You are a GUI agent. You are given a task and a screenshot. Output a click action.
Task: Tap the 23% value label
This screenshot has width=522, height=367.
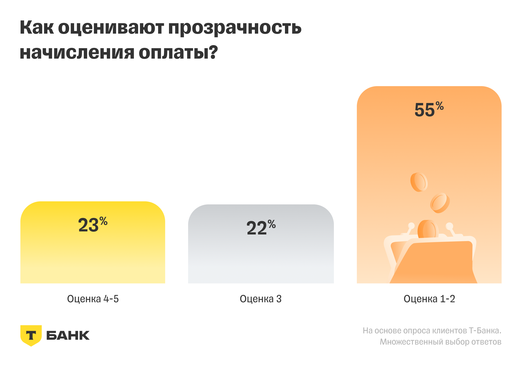pos(93,225)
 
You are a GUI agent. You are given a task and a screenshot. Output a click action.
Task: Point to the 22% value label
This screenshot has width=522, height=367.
pos(261,228)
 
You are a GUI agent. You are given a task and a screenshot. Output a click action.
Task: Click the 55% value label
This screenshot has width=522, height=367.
pos(429,110)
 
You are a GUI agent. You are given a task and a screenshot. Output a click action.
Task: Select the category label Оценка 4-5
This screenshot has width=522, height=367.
pos(93,299)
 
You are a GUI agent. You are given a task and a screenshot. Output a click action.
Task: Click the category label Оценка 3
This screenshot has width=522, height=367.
pos(260,299)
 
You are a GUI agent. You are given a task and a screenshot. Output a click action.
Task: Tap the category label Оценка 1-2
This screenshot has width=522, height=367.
pos(429,299)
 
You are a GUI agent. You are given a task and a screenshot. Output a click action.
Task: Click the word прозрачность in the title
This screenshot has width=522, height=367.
pos(235,28)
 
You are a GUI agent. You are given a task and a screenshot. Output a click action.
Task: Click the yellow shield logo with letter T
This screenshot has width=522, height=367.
pos(31,336)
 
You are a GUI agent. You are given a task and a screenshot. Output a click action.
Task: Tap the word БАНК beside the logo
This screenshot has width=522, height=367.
pos(68,335)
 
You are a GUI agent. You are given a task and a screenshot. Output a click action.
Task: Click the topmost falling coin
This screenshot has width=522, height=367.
pos(419,182)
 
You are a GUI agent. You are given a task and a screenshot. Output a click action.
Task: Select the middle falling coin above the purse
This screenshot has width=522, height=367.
pos(440,203)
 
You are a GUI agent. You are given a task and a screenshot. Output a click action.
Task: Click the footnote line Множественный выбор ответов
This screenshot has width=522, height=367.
pos(440,342)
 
